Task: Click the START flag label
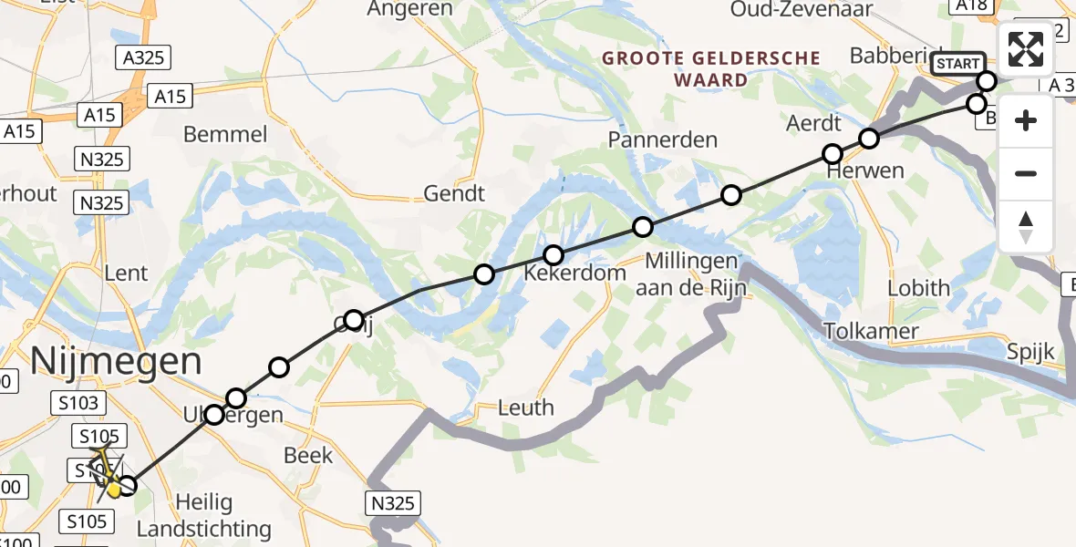point(957,64)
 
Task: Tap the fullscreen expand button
point(1026,49)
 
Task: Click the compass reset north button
point(1026,227)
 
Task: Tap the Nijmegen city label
point(116,361)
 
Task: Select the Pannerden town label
point(663,140)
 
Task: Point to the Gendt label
point(454,193)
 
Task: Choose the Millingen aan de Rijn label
point(696,274)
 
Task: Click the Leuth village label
point(526,407)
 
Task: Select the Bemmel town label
point(225,135)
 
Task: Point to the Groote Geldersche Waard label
point(711,68)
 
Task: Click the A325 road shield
point(143,57)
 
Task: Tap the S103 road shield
point(81,402)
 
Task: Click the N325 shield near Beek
point(394,502)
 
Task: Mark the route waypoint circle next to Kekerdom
point(554,254)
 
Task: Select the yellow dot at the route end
point(114,490)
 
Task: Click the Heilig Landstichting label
point(203,515)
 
